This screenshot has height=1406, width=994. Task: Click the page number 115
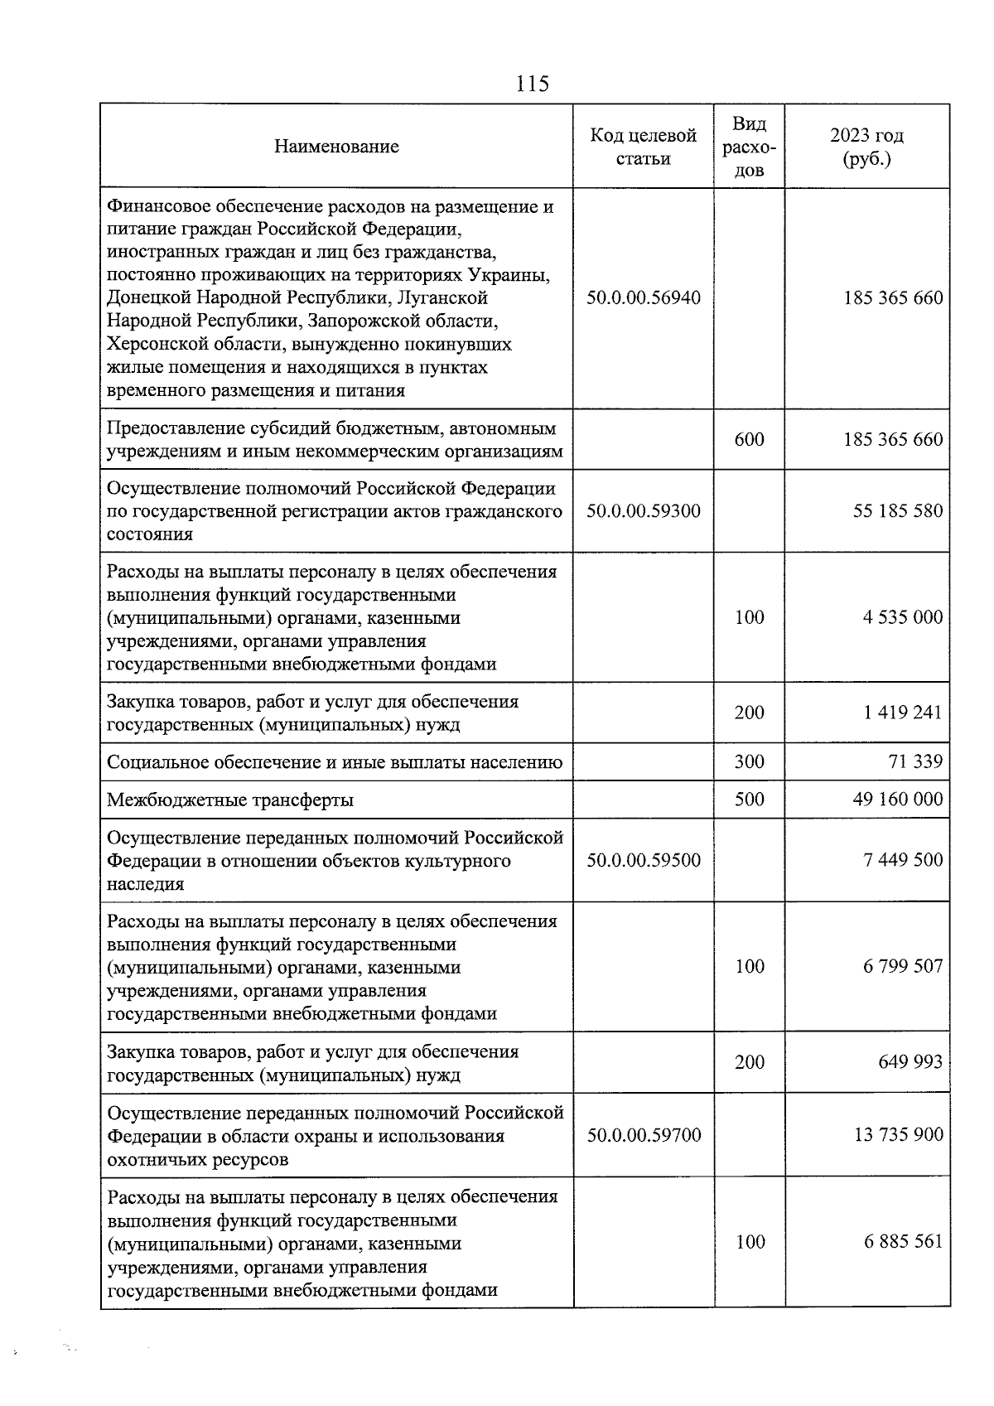(x=532, y=84)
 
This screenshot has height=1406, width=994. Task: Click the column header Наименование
(x=336, y=147)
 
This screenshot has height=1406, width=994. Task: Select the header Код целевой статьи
(x=643, y=147)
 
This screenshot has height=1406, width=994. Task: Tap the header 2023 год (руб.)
(x=866, y=147)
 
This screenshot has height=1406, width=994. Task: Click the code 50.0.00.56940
(x=643, y=297)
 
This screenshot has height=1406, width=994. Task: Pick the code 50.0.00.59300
(x=643, y=511)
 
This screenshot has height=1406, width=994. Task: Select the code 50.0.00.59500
(x=643, y=860)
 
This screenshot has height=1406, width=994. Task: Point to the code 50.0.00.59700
(x=643, y=1135)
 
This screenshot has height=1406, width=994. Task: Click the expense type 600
(x=749, y=439)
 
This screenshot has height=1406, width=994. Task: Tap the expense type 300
(x=749, y=761)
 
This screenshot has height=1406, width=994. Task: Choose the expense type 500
(x=749, y=800)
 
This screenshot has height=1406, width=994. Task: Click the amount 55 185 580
(x=898, y=511)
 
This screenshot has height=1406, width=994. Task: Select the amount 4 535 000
(x=903, y=617)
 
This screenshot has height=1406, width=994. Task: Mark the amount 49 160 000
(x=897, y=800)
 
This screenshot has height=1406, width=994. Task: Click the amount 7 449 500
(x=903, y=860)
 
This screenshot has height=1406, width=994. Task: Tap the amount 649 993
(x=910, y=1062)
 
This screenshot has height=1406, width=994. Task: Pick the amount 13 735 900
(x=898, y=1135)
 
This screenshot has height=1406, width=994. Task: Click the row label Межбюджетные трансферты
(x=230, y=800)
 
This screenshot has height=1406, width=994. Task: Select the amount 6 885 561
(x=903, y=1242)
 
